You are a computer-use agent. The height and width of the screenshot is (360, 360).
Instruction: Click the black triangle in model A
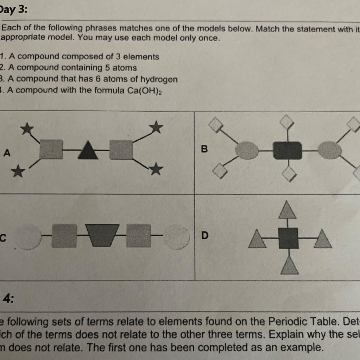(88, 150)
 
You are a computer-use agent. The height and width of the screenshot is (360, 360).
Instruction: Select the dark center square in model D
(288, 238)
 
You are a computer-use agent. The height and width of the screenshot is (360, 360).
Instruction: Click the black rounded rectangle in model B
(287, 150)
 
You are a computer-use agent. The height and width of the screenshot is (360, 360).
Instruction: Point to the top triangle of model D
(287, 210)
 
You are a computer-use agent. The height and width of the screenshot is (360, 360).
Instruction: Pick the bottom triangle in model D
(289, 266)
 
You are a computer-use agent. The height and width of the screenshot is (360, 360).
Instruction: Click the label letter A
(7, 153)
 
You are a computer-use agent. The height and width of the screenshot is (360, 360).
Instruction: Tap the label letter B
(204, 149)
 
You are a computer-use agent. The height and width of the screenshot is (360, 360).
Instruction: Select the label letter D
(205, 235)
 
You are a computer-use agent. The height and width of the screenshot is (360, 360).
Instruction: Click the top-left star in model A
(27, 128)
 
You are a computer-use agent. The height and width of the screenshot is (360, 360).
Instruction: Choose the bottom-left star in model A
(18, 171)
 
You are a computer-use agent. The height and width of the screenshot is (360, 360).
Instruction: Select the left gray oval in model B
(247, 151)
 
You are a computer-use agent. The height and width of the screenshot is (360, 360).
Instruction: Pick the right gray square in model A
(121, 150)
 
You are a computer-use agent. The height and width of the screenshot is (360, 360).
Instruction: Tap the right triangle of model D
(322, 239)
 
